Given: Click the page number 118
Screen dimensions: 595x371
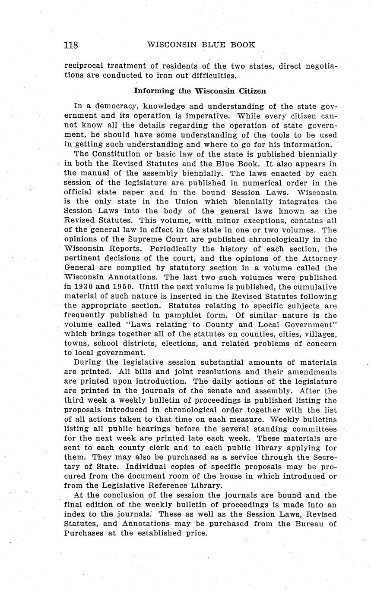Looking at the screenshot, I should (x=71, y=45).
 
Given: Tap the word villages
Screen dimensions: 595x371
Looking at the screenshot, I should (x=319, y=334).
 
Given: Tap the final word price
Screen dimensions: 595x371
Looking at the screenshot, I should (x=196, y=533).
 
